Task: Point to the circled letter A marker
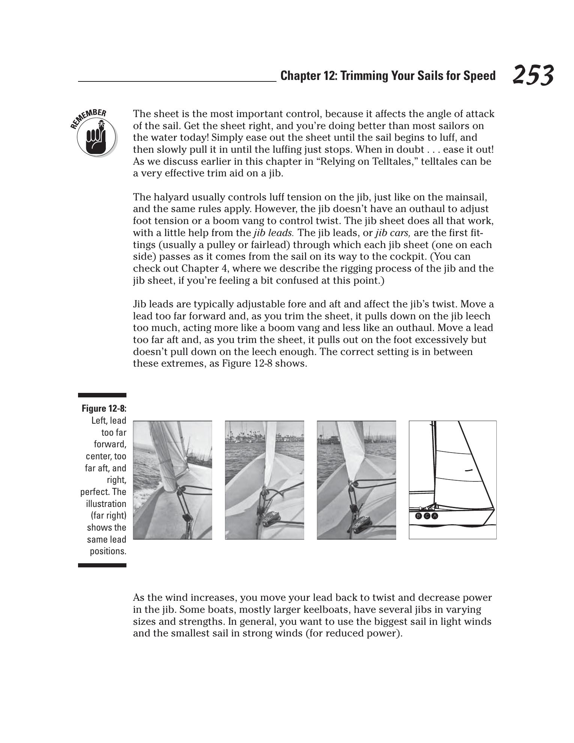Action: [x=435, y=516]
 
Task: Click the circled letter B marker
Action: [x=419, y=516]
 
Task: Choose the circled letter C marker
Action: [x=427, y=516]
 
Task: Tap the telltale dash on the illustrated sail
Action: [x=468, y=470]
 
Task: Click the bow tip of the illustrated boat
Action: [x=494, y=509]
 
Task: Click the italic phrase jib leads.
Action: [x=273, y=233]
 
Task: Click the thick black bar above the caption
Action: [x=102, y=395]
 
